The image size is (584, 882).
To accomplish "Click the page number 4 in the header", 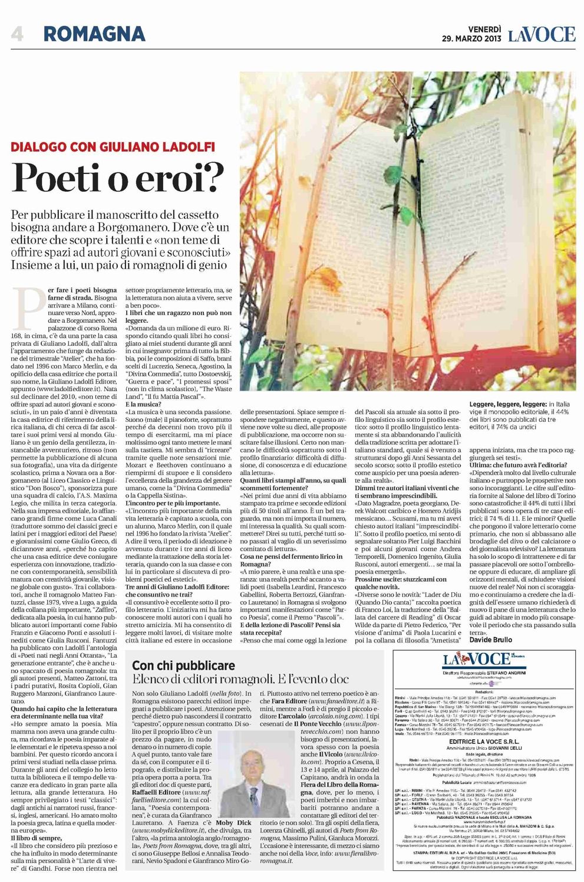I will (x=17, y=34).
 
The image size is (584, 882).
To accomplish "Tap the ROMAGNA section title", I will (x=94, y=34).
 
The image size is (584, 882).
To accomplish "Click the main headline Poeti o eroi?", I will (x=118, y=176).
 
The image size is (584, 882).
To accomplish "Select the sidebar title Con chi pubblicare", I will (x=184, y=665).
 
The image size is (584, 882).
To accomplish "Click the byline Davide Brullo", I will (x=490, y=640).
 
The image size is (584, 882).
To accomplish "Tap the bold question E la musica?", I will (x=143, y=404).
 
